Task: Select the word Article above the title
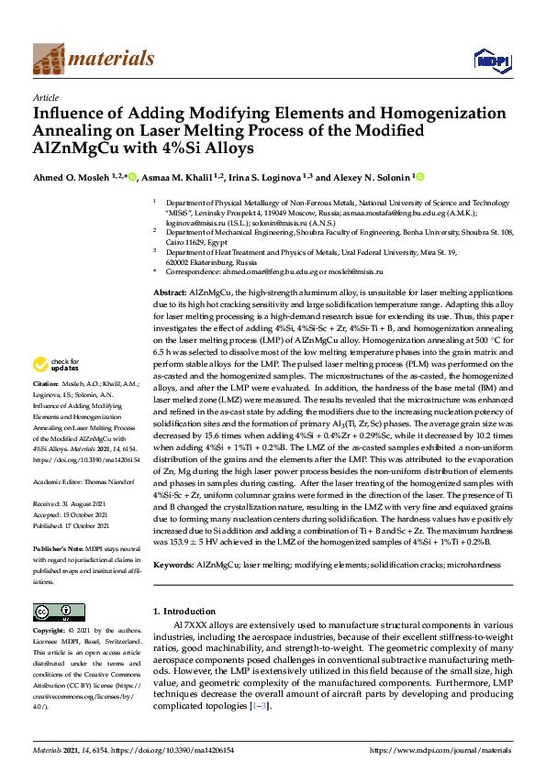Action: tap(45, 96)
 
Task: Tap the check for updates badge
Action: tap(56, 415)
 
